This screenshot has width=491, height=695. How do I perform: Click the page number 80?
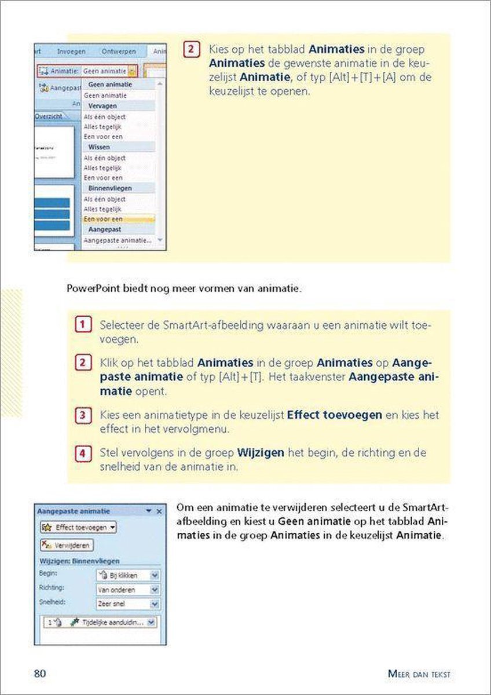point(40,674)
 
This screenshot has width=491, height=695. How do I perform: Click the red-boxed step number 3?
point(83,415)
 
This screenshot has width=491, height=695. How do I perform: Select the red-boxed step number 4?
point(83,452)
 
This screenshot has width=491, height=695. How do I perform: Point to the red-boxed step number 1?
point(83,325)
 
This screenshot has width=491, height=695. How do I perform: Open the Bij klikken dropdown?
point(127,576)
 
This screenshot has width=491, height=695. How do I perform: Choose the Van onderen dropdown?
point(127,590)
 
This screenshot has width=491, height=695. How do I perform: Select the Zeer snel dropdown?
point(127,603)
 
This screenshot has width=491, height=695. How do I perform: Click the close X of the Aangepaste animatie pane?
point(160,511)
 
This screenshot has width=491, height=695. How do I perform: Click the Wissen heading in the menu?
point(99,147)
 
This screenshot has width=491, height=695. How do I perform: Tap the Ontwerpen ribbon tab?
point(119,52)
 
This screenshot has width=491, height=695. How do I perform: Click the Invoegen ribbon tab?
point(71,52)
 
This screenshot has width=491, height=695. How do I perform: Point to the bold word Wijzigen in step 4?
point(261,452)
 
